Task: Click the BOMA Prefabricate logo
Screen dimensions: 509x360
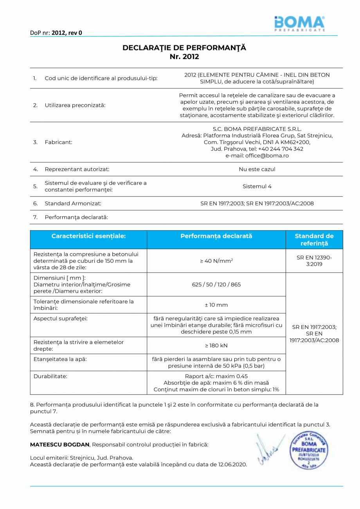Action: tap(299, 23)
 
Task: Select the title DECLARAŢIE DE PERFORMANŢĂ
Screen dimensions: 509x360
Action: tap(184, 48)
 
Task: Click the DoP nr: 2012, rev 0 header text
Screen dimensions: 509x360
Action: tap(56, 32)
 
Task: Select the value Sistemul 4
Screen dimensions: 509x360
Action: tap(257, 186)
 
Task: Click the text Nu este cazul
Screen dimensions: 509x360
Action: tap(257, 169)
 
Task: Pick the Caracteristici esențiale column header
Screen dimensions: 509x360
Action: tap(88, 236)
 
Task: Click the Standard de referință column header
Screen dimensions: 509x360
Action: tap(314, 240)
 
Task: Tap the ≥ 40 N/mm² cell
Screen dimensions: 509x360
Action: tap(216, 261)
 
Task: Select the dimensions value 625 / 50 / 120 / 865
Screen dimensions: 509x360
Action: tap(216, 284)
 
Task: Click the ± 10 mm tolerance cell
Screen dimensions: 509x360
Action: tap(216, 305)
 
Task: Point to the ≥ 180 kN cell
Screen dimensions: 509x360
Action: tap(216, 345)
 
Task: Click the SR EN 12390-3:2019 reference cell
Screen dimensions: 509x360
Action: tap(314, 261)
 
